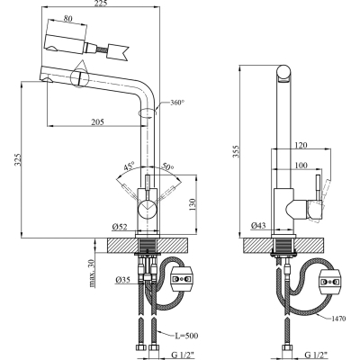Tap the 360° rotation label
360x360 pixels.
tap(176, 103)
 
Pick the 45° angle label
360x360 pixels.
tap(130, 166)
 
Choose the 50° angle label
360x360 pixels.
tap(168, 166)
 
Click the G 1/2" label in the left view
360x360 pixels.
tap(166, 353)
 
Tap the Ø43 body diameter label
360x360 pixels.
tap(257, 225)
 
